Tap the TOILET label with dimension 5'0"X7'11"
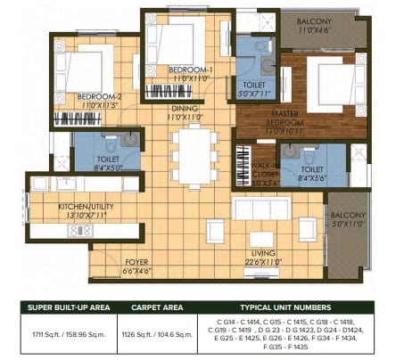click(x=253, y=86)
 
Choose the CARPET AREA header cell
click(x=157, y=307)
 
